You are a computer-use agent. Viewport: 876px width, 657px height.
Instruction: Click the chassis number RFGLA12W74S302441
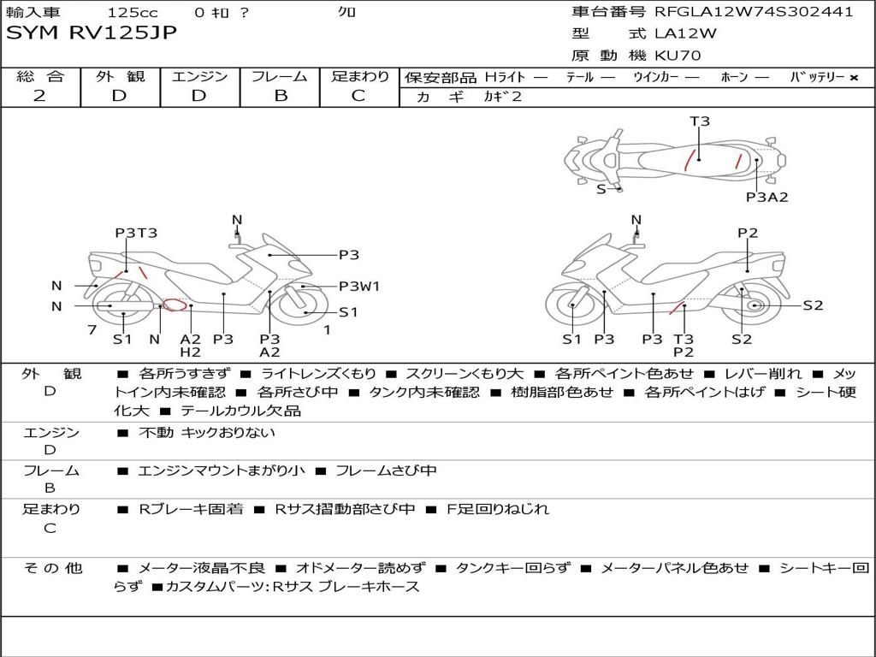point(754,12)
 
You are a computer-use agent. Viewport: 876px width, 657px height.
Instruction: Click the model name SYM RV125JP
point(91,33)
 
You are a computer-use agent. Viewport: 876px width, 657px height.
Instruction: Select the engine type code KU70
point(678,56)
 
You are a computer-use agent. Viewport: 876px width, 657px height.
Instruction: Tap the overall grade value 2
point(39,96)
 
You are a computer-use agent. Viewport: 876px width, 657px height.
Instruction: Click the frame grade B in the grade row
point(281,96)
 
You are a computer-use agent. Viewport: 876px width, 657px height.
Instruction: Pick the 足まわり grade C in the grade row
point(358,96)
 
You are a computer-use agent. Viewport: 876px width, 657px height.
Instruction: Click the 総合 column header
point(40,76)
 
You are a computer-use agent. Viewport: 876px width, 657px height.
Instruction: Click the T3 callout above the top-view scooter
point(700,121)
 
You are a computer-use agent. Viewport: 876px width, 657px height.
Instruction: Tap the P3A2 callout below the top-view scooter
point(766,197)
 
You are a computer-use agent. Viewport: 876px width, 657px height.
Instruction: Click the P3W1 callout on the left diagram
point(359,286)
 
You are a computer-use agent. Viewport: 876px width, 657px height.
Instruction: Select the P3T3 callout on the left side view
point(136,233)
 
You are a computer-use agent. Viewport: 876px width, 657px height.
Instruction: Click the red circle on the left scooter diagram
point(174,305)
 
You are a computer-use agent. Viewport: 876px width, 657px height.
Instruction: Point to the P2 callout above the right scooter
point(748,233)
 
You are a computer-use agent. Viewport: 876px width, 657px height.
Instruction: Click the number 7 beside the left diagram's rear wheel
point(92,329)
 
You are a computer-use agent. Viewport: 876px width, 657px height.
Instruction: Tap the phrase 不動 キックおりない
point(207,432)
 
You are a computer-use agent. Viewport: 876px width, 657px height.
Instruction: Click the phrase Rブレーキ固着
point(191,509)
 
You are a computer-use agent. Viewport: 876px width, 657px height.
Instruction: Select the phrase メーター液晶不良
point(201,568)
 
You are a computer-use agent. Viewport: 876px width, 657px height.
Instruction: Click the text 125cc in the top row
point(133,12)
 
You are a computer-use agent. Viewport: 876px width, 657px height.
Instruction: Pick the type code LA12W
point(685,33)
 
